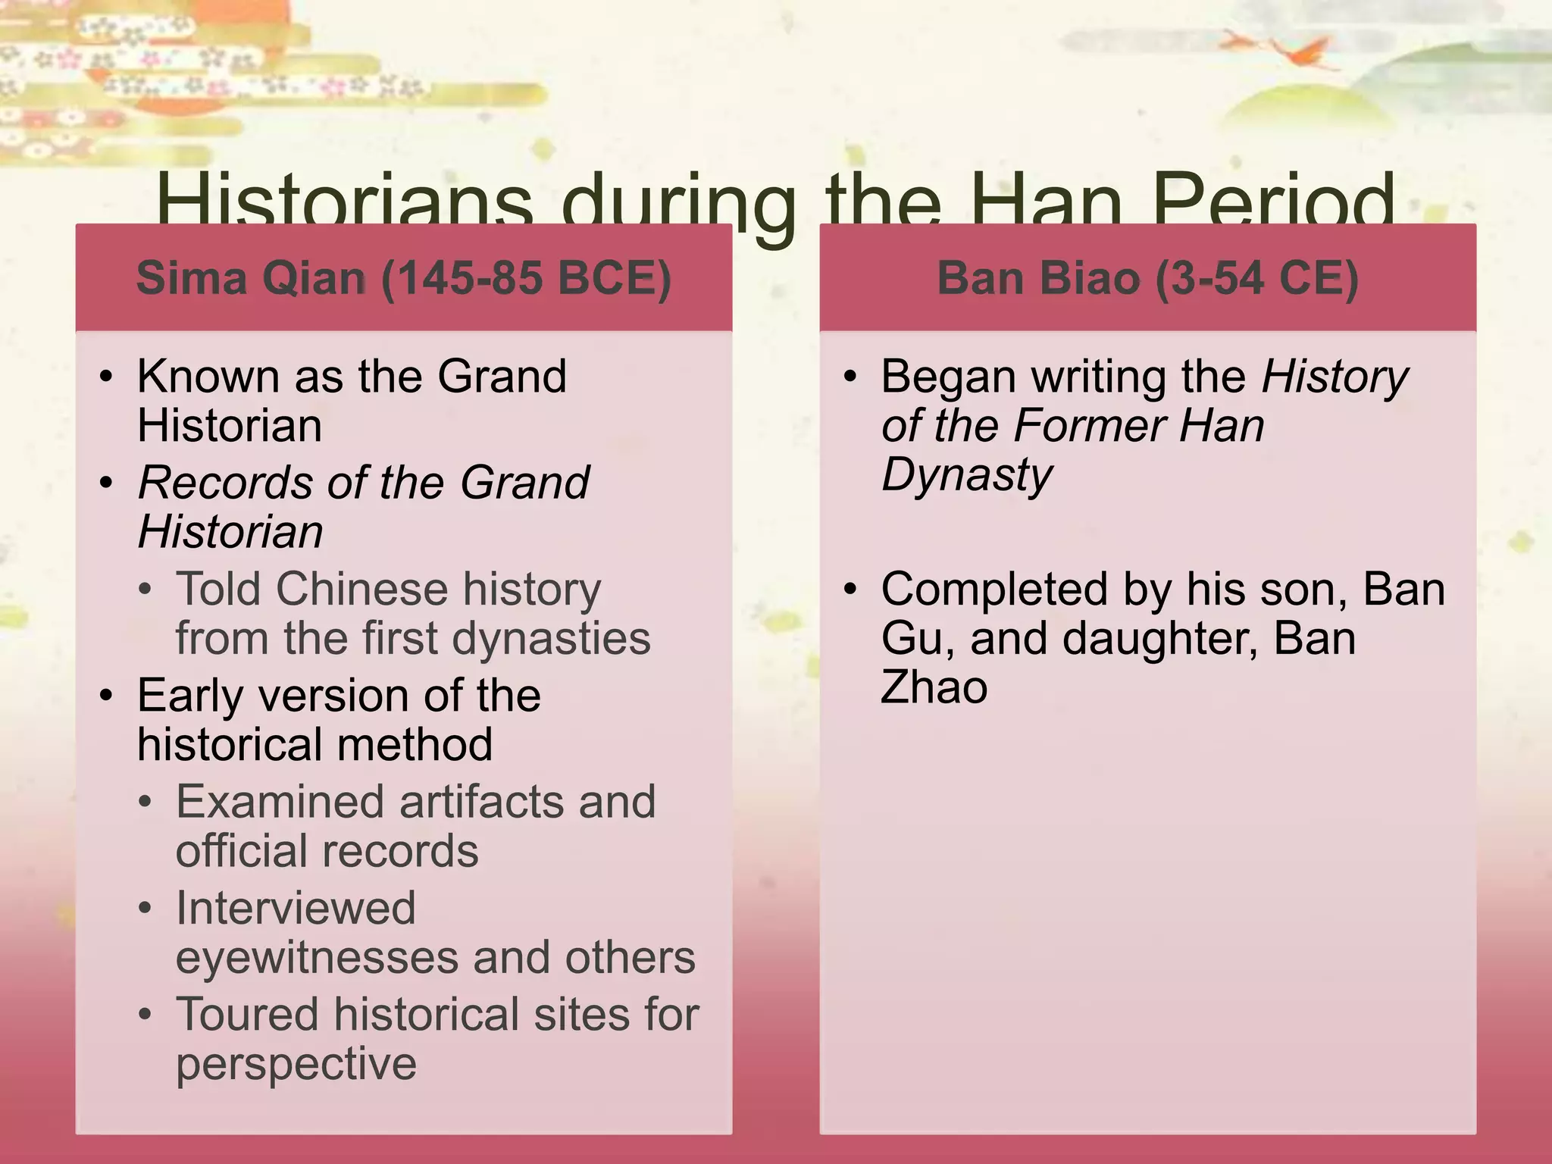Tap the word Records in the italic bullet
click(x=225, y=483)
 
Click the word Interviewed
click(x=296, y=908)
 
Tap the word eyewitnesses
click(x=317, y=958)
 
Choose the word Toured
click(x=247, y=1015)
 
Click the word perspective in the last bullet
click(x=296, y=1065)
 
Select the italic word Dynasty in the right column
click(x=967, y=476)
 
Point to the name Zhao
click(x=934, y=687)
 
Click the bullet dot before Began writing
click(x=850, y=377)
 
